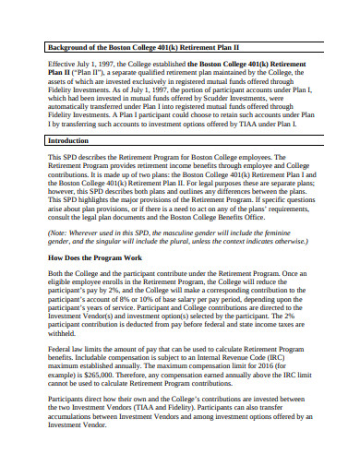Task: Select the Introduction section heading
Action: coord(70,140)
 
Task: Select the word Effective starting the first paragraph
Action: coord(62,65)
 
